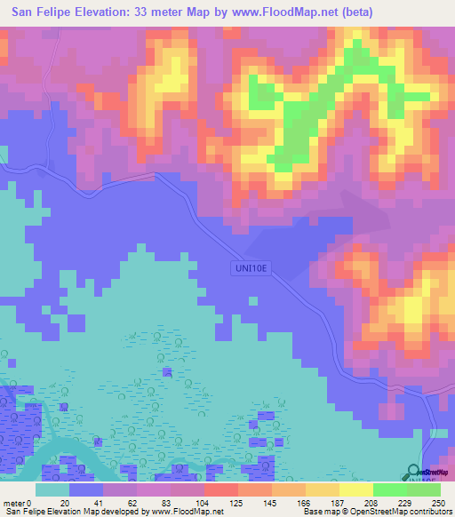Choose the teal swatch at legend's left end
pos(52,489)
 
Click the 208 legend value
pos(374,503)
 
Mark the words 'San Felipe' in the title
pos(41,12)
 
